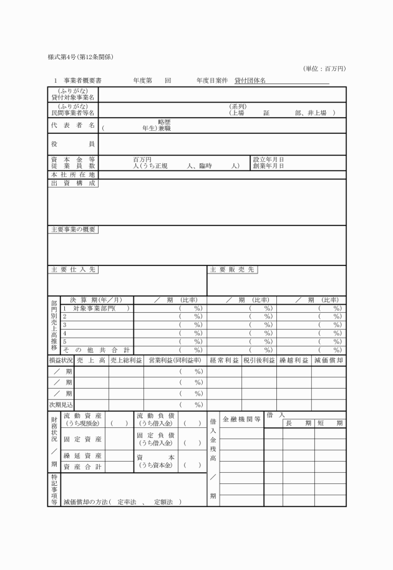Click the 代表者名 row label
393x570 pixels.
pyautogui.click(x=73, y=125)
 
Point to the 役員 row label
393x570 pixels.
pyautogui.click(x=73, y=144)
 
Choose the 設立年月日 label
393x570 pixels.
pyautogui.click(x=269, y=159)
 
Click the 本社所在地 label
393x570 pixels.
pyautogui.click(x=73, y=174)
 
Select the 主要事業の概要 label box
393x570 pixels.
pyautogui.click(x=73, y=229)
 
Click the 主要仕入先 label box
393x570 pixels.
pyautogui.click(x=73, y=270)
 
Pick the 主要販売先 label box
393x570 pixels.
pyautogui.click(x=232, y=270)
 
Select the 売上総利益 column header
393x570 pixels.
pyautogui.click(x=126, y=360)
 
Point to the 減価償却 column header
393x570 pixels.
pyautogui.click(x=328, y=360)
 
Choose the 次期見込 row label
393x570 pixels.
pyautogui.click(x=61, y=405)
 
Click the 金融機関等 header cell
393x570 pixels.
pyautogui.click(x=242, y=420)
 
